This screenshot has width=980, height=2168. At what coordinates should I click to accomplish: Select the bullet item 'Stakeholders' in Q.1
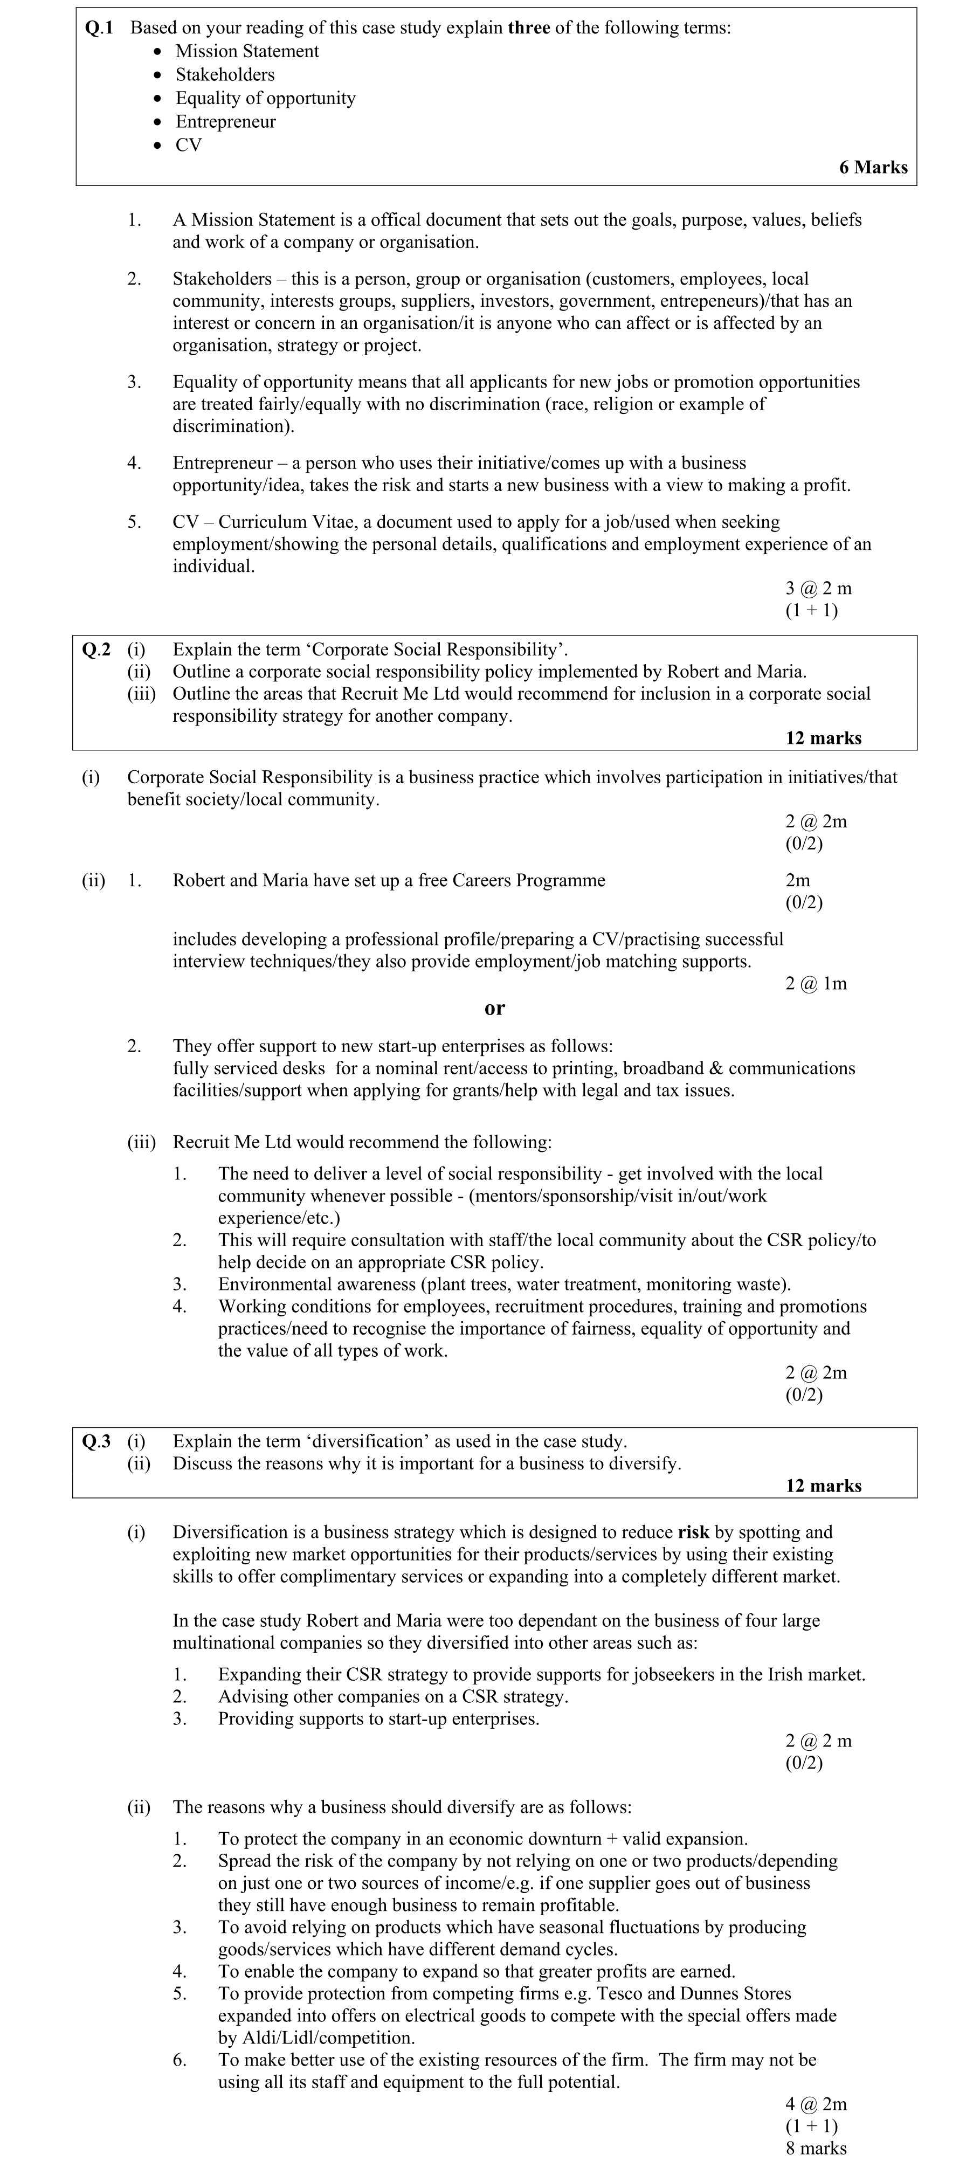[x=225, y=75]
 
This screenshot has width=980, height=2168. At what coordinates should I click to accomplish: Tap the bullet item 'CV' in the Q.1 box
[x=189, y=145]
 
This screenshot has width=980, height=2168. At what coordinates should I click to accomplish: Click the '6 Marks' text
[x=873, y=168]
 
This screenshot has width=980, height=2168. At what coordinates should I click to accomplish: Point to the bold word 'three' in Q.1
[x=529, y=28]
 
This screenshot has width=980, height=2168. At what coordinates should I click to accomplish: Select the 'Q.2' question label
[x=96, y=650]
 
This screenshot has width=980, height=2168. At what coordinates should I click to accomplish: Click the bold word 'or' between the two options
[x=495, y=1007]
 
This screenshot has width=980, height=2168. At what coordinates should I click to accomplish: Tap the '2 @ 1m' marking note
[x=816, y=984]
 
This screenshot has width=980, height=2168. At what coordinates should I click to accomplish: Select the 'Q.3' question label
[x=96, y=1442]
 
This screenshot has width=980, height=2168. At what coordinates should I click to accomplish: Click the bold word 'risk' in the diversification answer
[x=693, y=1532]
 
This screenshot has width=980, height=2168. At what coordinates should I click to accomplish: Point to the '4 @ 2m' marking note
[x=816, y=2104]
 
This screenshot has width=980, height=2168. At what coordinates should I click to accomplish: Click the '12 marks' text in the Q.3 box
[x=823, y=1486]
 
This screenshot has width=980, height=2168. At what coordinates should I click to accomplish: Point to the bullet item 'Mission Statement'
[x=247, y=51]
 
